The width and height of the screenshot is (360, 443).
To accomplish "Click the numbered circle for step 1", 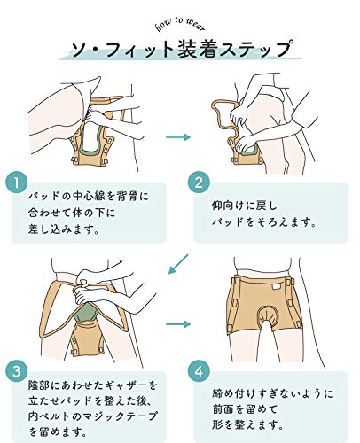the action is point(17,183).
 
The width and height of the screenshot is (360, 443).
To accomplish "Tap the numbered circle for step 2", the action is point(199,183).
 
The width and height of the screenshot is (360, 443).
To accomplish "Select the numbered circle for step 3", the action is point(17,370).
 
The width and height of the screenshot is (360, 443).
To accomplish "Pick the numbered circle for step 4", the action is point(199,370).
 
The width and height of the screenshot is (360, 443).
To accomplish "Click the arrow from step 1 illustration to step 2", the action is point(178,137).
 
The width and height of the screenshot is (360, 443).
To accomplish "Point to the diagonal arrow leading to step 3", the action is point(178,264).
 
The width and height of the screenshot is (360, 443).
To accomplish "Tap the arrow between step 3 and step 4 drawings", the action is point(178,324).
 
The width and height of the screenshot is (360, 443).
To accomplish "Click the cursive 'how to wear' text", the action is point(180,24).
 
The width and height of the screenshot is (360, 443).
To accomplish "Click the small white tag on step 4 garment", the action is point(276,287).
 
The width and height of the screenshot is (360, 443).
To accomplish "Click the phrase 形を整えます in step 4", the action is point(247,424).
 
